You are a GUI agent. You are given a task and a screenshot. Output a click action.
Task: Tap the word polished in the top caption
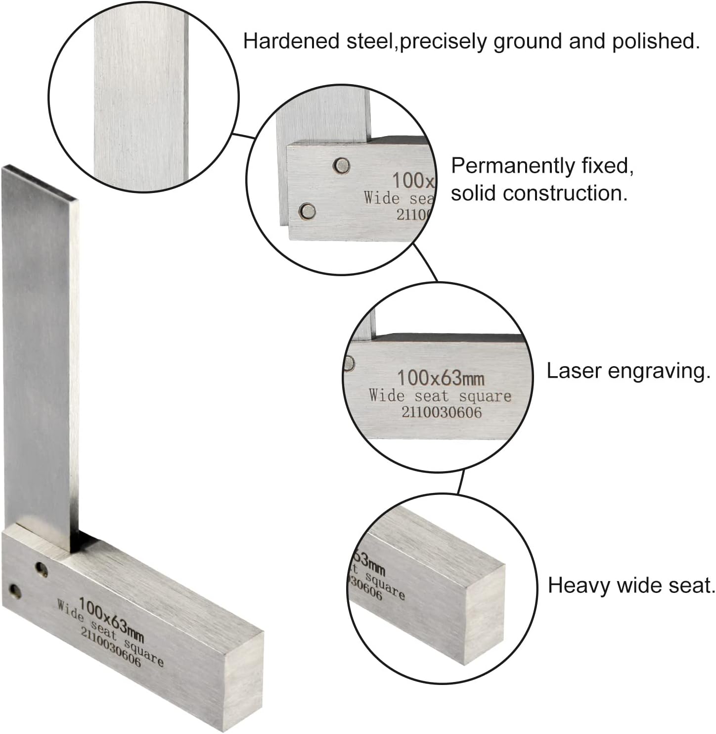point(655,42)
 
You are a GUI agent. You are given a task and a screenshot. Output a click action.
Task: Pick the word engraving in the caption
point(659,372)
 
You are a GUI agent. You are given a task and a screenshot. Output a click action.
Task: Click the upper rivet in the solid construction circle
point(341,166)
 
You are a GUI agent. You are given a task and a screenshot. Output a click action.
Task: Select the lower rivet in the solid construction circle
point(308,211)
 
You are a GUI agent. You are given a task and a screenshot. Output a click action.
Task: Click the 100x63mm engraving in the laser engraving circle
point(441,378)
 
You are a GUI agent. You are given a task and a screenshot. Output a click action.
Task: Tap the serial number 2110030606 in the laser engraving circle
point(442,412)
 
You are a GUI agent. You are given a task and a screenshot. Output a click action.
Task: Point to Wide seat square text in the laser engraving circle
point(440,395)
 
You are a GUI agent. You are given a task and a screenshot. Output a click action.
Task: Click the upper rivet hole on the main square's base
point(41,570)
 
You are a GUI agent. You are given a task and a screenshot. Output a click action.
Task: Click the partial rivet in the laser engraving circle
point(349,363)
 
